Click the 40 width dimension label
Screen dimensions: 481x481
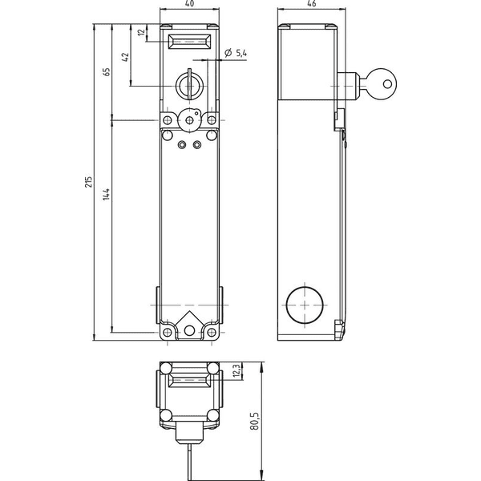point(190,4)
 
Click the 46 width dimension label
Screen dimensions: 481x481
point(311,4)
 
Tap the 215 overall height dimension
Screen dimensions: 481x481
point(88,182)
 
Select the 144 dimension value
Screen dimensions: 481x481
point(106,195)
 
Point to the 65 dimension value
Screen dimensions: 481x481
point(106,72)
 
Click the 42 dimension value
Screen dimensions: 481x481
point(126,57)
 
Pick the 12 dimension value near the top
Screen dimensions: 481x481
point(141,32)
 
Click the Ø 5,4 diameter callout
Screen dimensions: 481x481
point(235,53)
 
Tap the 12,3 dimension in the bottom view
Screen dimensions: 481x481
point(236,371)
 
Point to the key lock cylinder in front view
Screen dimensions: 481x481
point(189,87)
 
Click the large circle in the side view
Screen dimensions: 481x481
point(305,305)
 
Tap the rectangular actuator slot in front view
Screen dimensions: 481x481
point(189,41)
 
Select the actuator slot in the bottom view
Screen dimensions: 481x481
point(189,381)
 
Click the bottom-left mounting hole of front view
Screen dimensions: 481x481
point(168,332)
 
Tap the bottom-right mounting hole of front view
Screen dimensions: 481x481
point(212,332)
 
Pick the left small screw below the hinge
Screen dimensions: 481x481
point(183,143)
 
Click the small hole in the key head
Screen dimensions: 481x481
point(387,83)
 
